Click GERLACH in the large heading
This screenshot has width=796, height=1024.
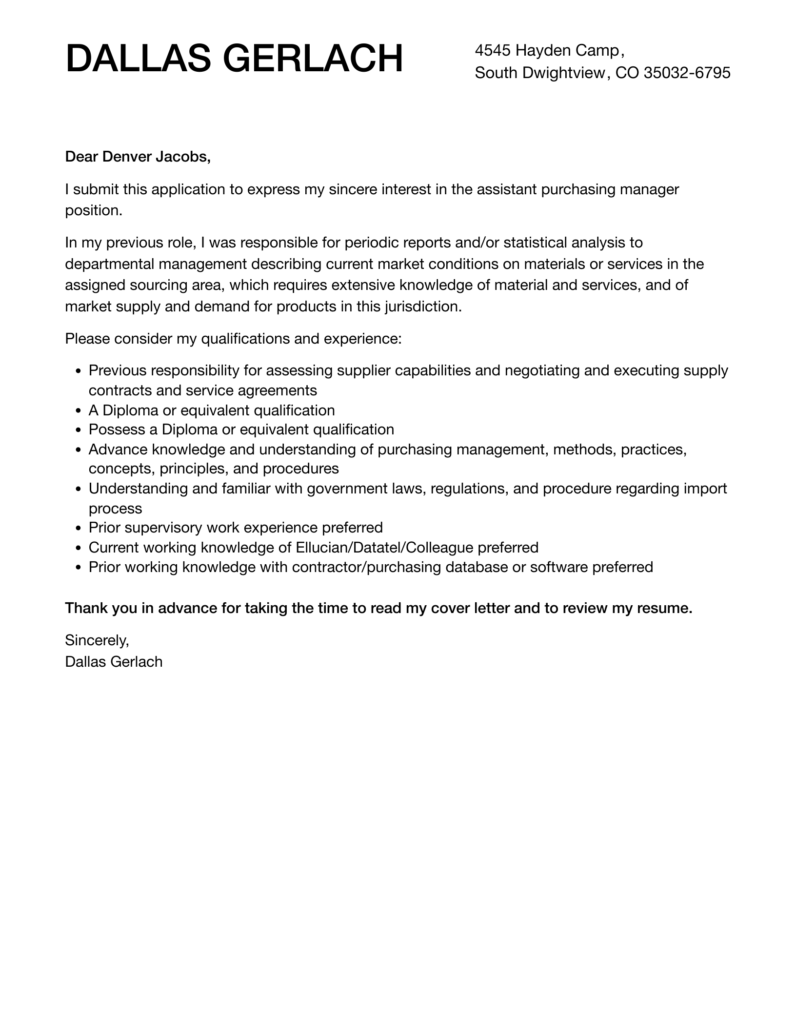(x=313, y=59)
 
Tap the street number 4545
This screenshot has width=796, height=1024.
(x=493, y=50)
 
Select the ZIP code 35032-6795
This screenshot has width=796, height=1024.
(x=687, y=73)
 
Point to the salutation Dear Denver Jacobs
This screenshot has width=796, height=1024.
(x=138, y=157)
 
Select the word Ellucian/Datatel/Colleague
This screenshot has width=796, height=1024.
(x=384, y=548)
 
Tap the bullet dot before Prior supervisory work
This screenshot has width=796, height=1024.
(x=79, y=529)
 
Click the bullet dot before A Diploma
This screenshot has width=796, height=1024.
(x=79, y=411)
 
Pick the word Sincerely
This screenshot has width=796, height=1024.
(x=97, y=640)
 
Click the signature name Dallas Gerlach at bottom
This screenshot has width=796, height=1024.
(x=114, y=662)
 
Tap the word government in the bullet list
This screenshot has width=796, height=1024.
(x=346, y=489)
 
